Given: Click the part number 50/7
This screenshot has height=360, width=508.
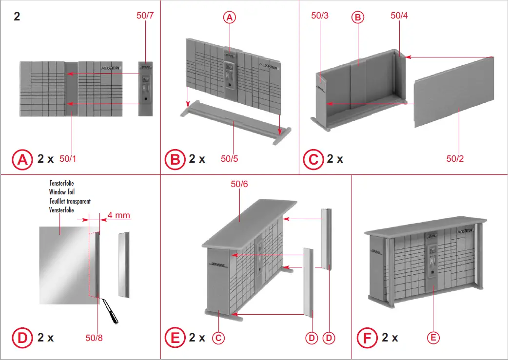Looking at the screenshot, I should (145, 16).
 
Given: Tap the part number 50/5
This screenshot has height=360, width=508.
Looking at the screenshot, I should (229, 158).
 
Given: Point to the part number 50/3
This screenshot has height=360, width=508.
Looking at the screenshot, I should (320, 16).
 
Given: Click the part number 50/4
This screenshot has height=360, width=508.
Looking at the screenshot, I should (399, 16).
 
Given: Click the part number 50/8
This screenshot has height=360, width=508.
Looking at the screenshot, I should (94, 337).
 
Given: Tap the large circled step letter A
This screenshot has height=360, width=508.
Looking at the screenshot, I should (21, 159).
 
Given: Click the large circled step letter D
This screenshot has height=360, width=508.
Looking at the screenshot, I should (21, 337).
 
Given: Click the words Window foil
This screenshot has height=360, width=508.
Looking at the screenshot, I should (61, 192).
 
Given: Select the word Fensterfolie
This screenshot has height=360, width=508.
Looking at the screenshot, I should (61, 183).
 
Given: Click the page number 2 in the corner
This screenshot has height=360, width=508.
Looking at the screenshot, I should (18, 16).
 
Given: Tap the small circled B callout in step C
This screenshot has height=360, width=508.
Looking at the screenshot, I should (358, 18).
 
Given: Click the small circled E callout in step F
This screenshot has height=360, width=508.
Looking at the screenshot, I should (433, 338).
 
